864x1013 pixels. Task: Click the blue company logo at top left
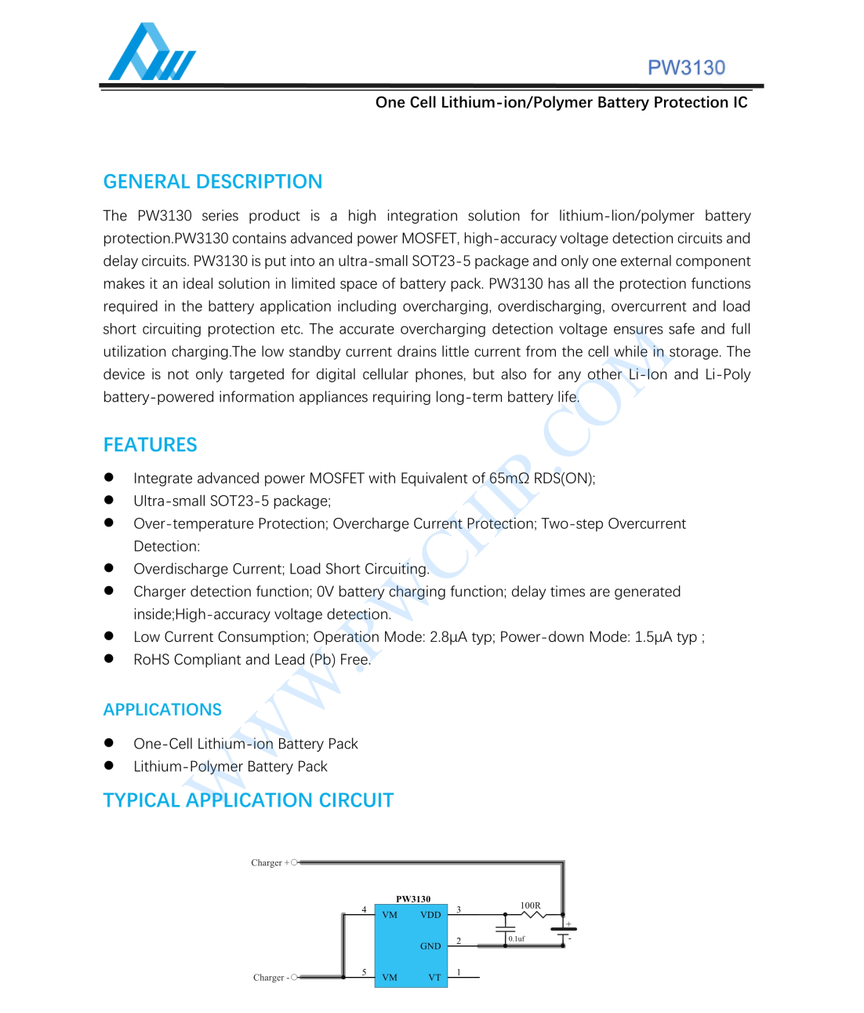(151, 53)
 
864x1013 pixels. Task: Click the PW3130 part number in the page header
(686, 68)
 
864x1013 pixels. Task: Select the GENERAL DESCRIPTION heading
(212, 182)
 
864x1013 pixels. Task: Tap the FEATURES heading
(150, 445)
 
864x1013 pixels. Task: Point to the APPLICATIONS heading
(162, 709)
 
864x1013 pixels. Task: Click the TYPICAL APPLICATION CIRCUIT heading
(248, 800)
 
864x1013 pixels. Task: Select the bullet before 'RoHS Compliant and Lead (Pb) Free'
(109, 659)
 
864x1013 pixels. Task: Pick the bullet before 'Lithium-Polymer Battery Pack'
(109, 766)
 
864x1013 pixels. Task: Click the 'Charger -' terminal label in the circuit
(270, 978)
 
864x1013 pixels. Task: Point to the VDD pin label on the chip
(430, 915)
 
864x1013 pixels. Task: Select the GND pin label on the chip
(430, 946)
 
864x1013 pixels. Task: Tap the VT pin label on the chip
(434, 978)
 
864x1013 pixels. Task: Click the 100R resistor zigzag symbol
(533, 914)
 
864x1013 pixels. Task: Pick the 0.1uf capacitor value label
(517, 938)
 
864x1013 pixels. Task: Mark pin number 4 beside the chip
(364, 909)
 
